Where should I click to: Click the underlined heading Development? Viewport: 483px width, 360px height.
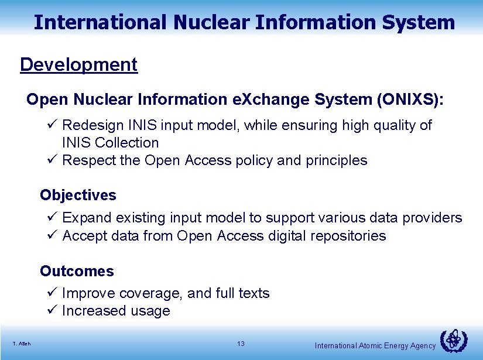tap(78, 64)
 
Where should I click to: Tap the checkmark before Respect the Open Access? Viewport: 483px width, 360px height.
tap(52, 160)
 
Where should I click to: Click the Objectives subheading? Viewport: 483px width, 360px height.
tap(78, 195)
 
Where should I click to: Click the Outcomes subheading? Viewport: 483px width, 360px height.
tap(77, 271)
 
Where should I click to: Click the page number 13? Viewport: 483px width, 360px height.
tap(241, 344)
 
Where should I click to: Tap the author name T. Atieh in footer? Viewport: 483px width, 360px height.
tap(22, 344)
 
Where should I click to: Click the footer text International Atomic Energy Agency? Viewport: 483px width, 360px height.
tap(375, 346)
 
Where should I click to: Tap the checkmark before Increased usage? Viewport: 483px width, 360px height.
tap(52, 311)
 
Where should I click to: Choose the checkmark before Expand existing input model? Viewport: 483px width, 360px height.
tap(52, 218)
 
